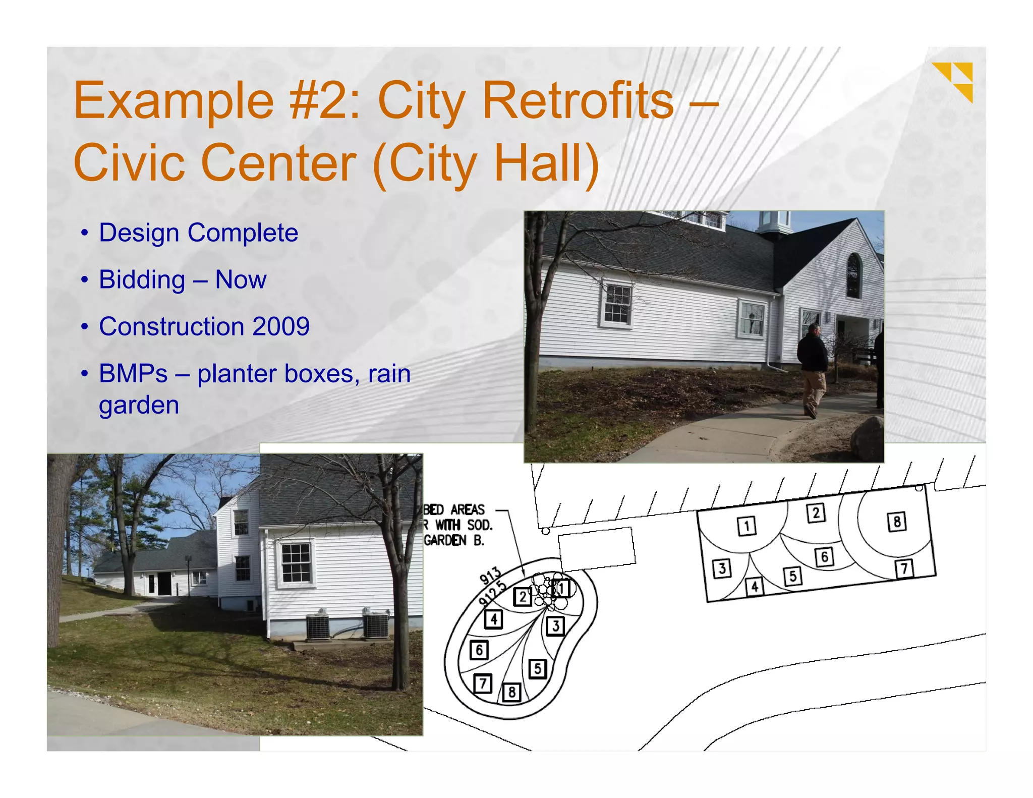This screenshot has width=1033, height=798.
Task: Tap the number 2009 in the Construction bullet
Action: click(x=281, y=326)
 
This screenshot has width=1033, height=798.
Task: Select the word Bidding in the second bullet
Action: click(x=142, y=280)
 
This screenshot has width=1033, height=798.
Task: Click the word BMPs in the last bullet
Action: click(x=133, y=374)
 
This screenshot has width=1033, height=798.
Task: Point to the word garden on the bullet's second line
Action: click(x=139, y=406)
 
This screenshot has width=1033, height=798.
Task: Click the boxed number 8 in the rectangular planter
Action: click(x=897, y=522)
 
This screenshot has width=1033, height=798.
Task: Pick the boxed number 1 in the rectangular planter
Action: click(x=747, y=526)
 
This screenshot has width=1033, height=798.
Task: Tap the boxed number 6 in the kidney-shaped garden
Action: click(x=479, y=650)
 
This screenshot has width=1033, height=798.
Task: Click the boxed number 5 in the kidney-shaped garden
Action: click(x=538, y=669)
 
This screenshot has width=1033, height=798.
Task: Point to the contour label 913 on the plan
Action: click(x=490, y=576)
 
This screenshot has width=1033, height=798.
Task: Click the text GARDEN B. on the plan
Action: click(x=453, y=541)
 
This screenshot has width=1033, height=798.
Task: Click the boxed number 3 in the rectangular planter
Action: click(x=722, y=568)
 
